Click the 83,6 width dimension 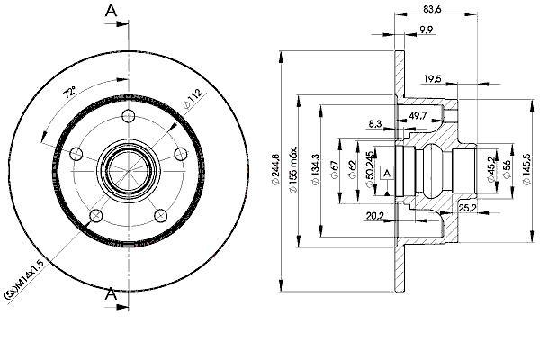(x=432, y=9)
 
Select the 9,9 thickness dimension (x=427, y=30)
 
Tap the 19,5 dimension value (x=432, y=79)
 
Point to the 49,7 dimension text (x=418, y=116)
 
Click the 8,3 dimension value (x=375, y=123)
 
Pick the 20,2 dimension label (x=375, y=216)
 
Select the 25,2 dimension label (x=467, y=208)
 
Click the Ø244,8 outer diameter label (x=276, y=169)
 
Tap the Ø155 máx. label (x=293, y=170)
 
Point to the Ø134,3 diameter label (x=315, y=170)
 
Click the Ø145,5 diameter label (x=526, y=169)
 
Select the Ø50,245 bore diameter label (x=369, y=170)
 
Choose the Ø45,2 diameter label (x=490, y=169)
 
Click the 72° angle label (x=69, y=93)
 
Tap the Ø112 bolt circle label (x=193, y=99)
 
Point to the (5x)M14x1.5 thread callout (x=24, y=282)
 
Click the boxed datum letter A (x=387, y=173)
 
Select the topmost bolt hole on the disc (x=129, y=116)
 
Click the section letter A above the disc (x=111, y=11)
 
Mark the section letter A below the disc (x=111, y=294)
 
